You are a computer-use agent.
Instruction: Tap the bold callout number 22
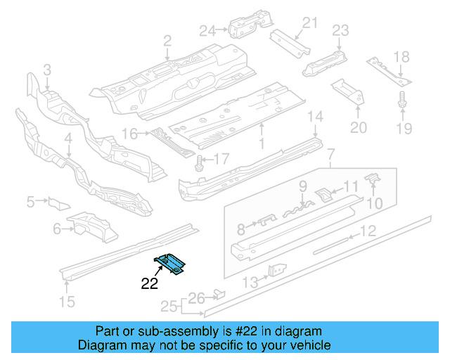150,284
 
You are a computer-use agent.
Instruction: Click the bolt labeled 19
403,100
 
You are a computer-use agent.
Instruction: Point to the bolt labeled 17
198,162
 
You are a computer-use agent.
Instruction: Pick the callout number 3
46,69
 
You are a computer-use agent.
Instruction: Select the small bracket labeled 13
278,270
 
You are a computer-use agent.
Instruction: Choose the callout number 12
368,231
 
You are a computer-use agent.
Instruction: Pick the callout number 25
166,307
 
